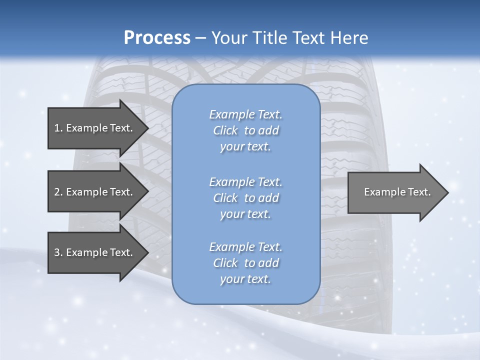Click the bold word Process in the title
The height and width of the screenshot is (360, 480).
(x=157, y=38)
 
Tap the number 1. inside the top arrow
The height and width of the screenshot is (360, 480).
(x=58, y=128)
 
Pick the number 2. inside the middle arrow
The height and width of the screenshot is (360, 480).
(x=58, y=192)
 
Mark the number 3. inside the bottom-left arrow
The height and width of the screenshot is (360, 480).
(x=58, y=252)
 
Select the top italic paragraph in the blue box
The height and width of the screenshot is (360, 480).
(x=246, y=130)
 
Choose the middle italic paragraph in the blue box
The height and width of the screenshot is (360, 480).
(x=246, y=198)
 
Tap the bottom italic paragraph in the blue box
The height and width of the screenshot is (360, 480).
(x=246, y=263)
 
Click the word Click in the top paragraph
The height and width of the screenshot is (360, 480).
(x=225, y=130)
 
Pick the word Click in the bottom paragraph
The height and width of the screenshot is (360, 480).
(x=225, y=263)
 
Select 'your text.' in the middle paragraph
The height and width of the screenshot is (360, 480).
(x=245, y=214)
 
